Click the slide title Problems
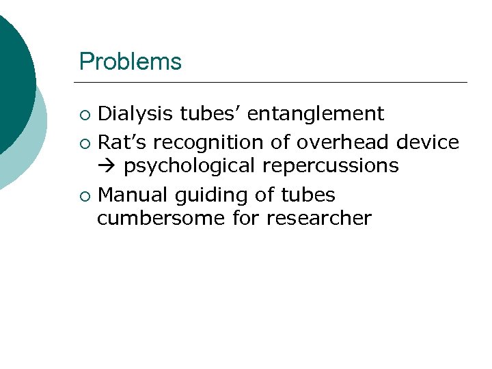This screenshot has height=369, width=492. (x=131, y=61)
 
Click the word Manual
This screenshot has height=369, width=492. (x=133, y=195)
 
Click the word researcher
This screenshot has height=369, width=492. (x=319, y=218)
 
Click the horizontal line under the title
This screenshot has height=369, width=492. (x=273, y=83)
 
